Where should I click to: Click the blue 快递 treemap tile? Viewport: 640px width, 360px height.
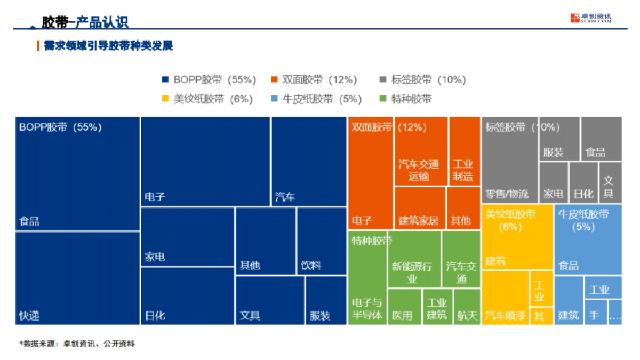coord(77,278)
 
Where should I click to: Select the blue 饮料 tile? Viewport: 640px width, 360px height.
coord(322,241)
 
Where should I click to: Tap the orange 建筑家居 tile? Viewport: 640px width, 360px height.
coord(420,208)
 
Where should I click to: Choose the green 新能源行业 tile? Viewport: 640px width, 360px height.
coord(414,259)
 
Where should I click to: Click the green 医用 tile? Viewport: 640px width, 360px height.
coord(404,307)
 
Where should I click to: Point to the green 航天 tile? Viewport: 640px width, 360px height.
coord(467,307)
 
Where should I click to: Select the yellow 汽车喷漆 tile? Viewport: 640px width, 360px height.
coord(505,298)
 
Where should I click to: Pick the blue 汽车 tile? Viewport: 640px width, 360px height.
coord(309,162)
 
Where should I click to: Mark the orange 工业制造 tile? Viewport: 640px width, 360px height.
coord(464,151)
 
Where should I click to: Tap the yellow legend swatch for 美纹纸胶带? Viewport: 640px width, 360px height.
coord(166,99)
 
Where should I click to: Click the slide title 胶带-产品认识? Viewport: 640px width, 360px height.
coord(85,22)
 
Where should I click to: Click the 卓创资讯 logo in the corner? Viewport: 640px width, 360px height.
coord(590,18)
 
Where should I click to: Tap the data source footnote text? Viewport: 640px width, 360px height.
coord(77,344)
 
